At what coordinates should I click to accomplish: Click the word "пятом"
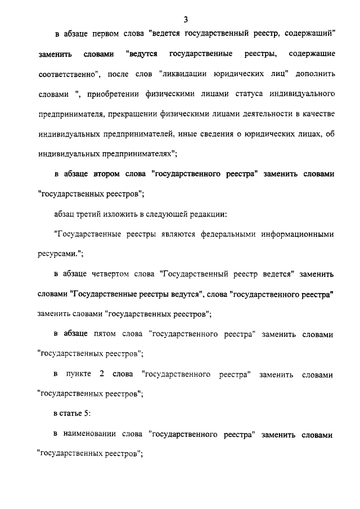104,335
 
